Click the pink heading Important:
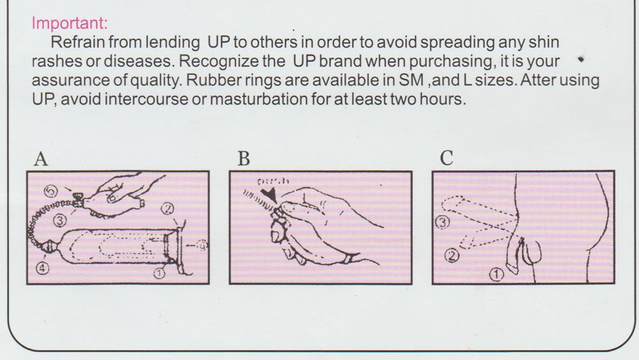pos(70,23)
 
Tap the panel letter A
pos(40,159)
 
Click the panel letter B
pos(243,159)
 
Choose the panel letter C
pos(447,159)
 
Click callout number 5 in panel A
pos(50,191)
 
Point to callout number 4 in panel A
pos(43,269)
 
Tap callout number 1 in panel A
pos(158,273)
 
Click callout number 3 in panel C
pos(442,223)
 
